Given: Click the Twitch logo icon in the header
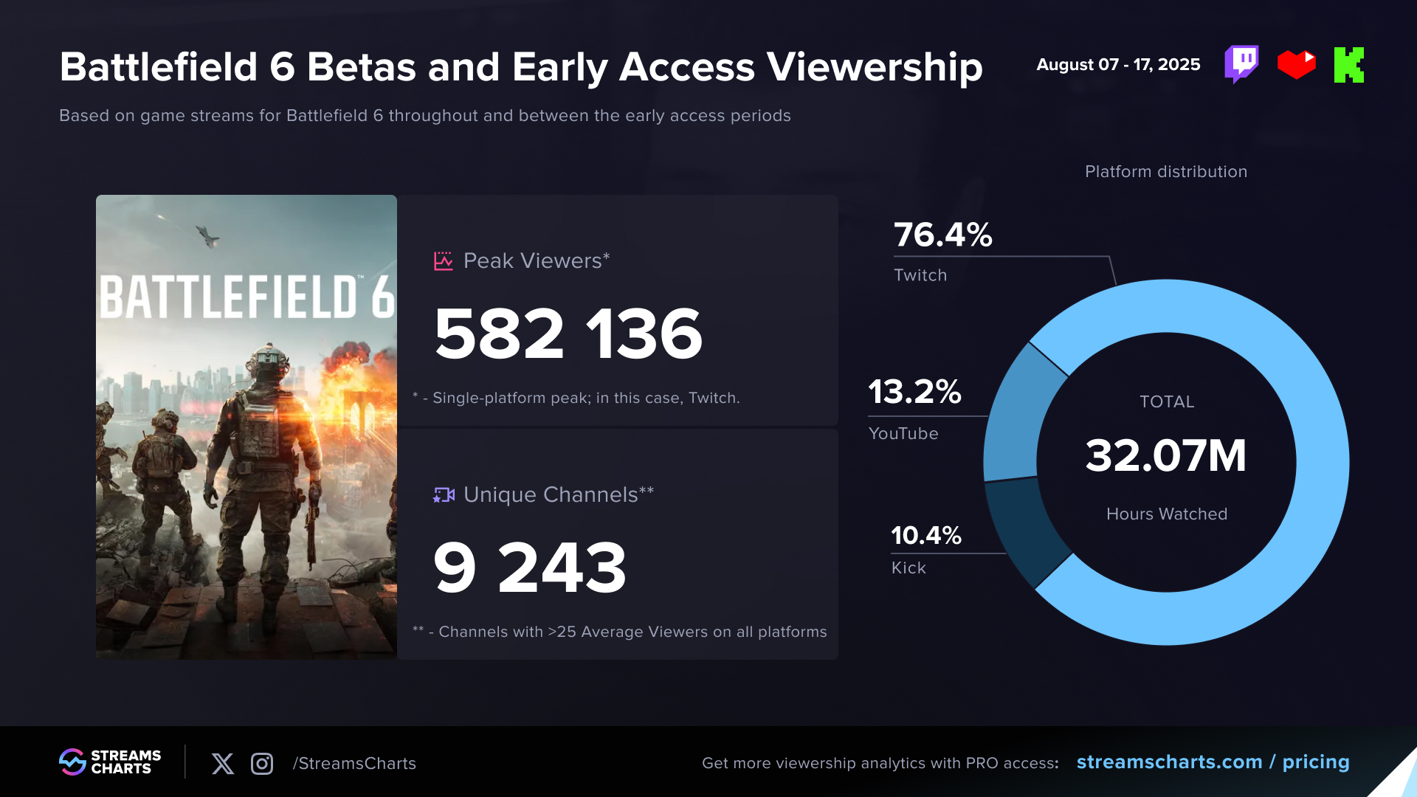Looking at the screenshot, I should pos(1241,64).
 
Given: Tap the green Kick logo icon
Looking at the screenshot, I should pos(1348,65).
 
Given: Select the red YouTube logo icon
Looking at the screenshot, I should pos(1296,64).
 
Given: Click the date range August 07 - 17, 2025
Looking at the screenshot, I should pos(1118,65).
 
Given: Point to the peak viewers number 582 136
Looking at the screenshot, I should pos(568,334).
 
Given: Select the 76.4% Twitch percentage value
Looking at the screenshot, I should pos(942,235).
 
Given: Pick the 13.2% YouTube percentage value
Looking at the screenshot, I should pos(914,392).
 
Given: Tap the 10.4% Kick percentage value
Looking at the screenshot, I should pos(925,536).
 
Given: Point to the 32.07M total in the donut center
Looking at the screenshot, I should pos(1165,455).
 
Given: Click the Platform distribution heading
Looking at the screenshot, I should pos(1165,172).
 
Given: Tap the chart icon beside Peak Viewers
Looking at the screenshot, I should pos(443,261).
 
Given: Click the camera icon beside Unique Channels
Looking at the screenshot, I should pos(444,495).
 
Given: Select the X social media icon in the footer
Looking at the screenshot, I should pos(222,764).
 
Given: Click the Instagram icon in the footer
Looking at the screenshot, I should pos(262,764).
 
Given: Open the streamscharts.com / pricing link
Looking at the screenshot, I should pos(1213,762).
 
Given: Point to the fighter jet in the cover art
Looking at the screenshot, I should pos(207,236).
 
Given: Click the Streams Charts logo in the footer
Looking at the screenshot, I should pos(110,762).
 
